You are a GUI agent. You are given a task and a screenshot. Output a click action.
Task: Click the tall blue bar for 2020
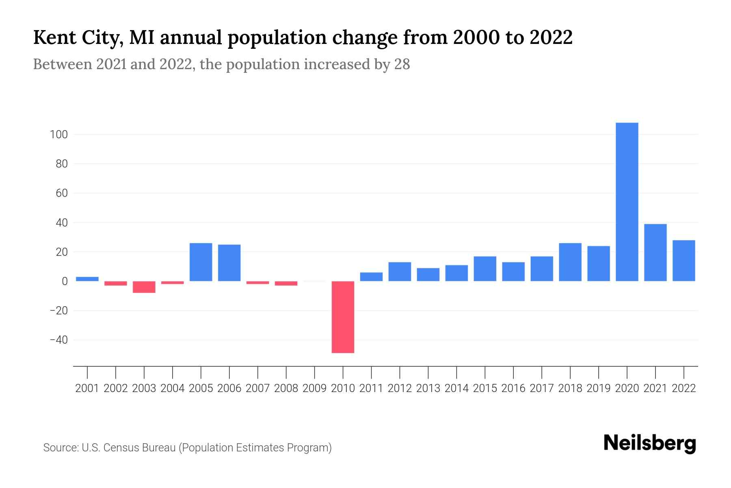627,202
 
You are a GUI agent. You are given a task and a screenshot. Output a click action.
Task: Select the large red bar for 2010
343,317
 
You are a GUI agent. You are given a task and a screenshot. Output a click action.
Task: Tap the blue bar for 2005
201,262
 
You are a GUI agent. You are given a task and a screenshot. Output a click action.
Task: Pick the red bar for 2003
144,287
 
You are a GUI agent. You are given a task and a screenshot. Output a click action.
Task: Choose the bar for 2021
655,253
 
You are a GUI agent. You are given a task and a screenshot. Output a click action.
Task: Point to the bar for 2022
683,261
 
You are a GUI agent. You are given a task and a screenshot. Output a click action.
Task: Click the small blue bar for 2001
87,279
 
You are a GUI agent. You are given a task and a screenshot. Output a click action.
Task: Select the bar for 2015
485,268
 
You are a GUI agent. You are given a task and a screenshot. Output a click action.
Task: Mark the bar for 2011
371,277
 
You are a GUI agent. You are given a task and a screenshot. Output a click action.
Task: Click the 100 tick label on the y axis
58,135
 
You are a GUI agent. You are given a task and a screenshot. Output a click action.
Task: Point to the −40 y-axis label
58,340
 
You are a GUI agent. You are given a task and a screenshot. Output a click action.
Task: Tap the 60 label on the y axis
61,193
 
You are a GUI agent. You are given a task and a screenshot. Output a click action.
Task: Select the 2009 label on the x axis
315,388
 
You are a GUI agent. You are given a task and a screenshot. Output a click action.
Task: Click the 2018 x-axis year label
570,388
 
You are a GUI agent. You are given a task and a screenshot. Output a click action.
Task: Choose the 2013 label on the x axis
428,388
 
